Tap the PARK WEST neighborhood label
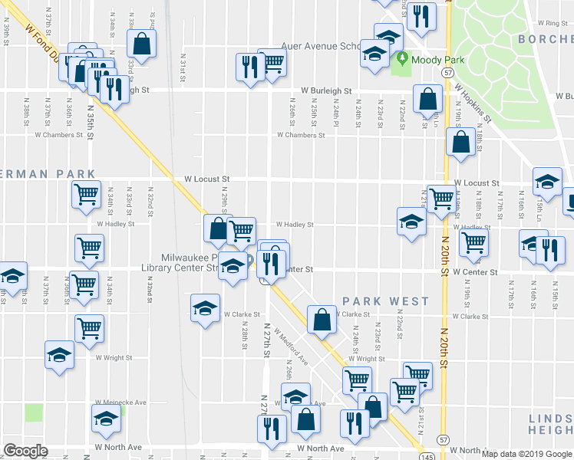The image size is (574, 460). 386,301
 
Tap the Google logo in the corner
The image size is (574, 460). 25,451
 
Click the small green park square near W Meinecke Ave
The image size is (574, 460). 34,412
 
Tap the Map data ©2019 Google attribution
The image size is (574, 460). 526,454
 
